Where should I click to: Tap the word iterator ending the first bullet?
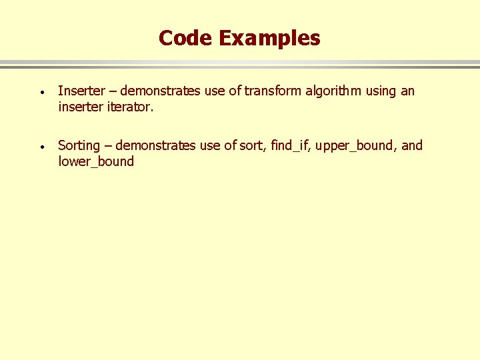click(x=130, y=107)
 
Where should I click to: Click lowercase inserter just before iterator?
click(x=81, y=107)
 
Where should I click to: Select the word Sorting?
click(x=79, y=145)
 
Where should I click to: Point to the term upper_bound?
click(x=357, y=146)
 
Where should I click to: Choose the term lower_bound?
click(x=96, y=161)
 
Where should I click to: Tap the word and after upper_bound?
click(x=412, y=145)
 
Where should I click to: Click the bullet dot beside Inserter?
click(x=41, y=92)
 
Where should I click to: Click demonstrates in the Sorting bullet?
click(x=156, y=145)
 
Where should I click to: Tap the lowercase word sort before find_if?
click(x=255, y=145)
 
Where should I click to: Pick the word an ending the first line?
click(x=407, y=91)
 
